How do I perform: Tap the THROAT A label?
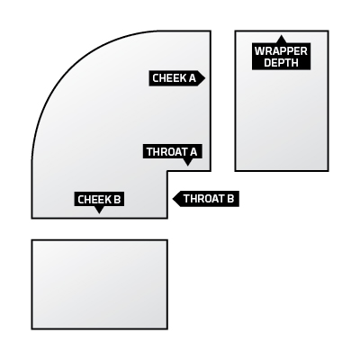click(172, 152)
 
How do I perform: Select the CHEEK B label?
click(99, 200)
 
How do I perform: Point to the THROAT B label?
click(206, 199)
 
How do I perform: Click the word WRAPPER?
click(281, 51)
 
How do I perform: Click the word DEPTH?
click(281, 63)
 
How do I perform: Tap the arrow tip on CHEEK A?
click(205, 78)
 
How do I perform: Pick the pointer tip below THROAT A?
click(188, 166)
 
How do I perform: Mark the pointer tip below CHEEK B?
click(99, 213)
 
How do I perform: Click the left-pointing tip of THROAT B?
click(173, 199)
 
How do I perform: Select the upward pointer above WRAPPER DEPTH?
click(281, 39)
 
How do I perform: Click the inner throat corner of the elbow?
click(167, 171)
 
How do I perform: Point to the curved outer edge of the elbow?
click(69, 69)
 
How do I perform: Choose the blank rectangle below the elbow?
click(100, 284)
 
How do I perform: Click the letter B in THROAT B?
click(230, 199)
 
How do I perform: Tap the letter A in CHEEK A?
click(192, 78)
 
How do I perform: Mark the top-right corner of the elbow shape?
click(211, 31)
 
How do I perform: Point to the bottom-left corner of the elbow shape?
click(31, 218)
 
